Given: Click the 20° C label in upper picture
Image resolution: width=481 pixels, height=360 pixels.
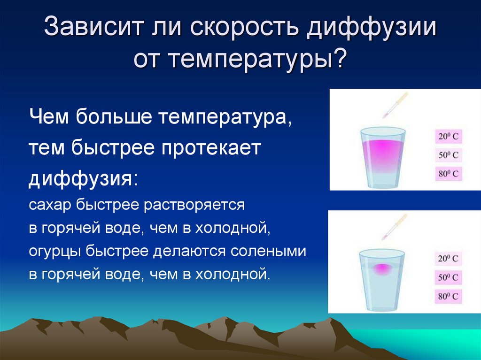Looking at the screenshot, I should click(448, 137).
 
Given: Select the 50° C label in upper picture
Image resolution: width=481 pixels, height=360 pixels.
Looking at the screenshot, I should click(448, 155).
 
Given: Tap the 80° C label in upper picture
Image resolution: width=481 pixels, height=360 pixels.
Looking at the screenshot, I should click(448, 174).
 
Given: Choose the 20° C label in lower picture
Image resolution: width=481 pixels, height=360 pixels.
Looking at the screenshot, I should click(448, 259).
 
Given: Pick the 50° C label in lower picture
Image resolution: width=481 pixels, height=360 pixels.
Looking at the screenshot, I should click(448, 277).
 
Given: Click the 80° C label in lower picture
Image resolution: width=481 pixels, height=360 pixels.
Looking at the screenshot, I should click(448, 296).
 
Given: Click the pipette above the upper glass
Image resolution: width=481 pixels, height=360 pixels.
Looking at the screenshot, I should click(395, 105).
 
